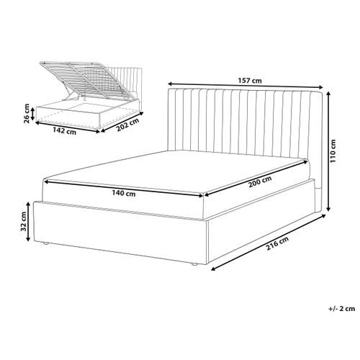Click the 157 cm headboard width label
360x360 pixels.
(x=250, y=81)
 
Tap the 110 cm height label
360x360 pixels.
(x=333, y=151)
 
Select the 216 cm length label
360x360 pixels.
(x=277, y=243)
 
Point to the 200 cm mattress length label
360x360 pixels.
(x=260, y=181)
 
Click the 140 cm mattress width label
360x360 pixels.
(x=124, y=193)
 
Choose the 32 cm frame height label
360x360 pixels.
(x=23, y=221)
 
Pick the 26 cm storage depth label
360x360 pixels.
(x=27, y=114)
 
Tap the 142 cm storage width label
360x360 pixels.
(x=64, y=131)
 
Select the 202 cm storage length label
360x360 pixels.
(x=127, y=125)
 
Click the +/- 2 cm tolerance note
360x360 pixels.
(x=342, y=309)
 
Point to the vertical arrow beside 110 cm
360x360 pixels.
(x=329, y=152)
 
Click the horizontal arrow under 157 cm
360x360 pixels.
(x=246, y=86)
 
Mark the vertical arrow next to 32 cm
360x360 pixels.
(x=28, y=222)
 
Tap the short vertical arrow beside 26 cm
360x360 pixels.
(x=33, y=114)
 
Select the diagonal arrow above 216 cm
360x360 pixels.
(x=268, y=243)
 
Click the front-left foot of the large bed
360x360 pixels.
(x=45, y=243)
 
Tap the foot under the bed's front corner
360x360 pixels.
(x=194, y=264)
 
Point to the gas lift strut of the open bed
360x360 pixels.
(x=68, y=94)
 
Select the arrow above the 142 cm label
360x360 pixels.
(x=68, y=127)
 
